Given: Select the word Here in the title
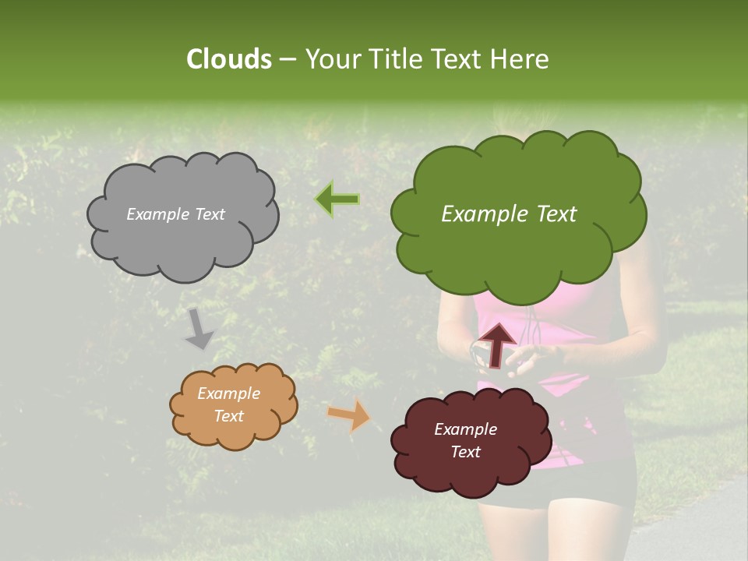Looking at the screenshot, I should (x=520, y=58).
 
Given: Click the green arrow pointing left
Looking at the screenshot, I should (x=337, y=199).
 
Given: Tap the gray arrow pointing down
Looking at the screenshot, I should (x=199, y=329).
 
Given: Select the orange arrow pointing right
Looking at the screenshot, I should (x=349, y=415).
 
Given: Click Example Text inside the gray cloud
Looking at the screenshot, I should (x=175, y=214).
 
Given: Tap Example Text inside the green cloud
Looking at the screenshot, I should (x=509, y=214).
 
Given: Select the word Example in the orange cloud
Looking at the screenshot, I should (x=228, y=393).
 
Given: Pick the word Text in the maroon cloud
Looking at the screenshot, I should (x=465, y=452).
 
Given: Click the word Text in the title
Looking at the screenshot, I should (x=460, y=58).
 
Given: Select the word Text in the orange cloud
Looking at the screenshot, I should (x=228, y=416).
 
